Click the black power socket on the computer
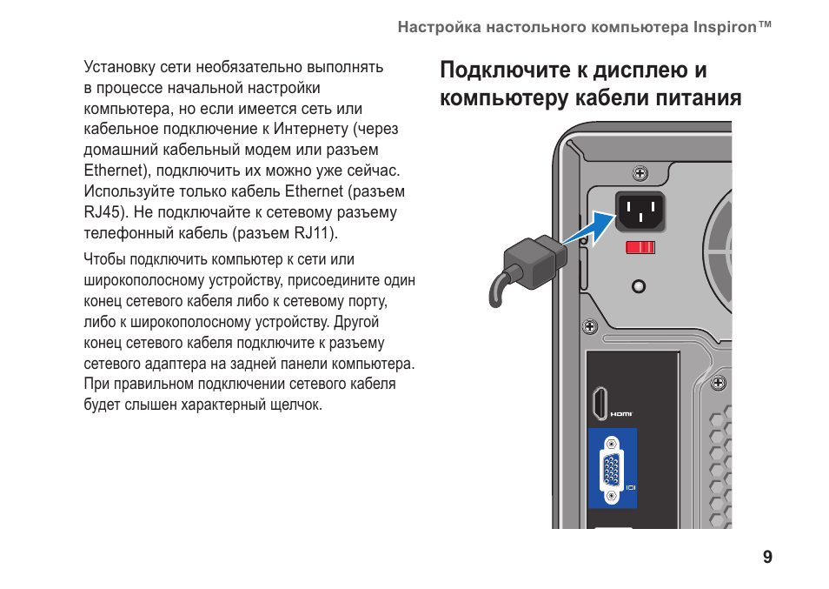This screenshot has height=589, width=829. point(640,210)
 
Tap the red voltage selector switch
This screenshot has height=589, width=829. point(640,247)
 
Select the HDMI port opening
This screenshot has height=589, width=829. point(600,405)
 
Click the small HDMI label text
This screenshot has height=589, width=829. point(621,414)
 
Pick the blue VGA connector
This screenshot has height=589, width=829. point(612,469)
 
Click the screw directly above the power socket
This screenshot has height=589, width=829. point(640,175)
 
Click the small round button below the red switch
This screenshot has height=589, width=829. point(640,285)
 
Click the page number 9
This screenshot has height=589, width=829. point(767,558)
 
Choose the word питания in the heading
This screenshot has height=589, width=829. point(700,97)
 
